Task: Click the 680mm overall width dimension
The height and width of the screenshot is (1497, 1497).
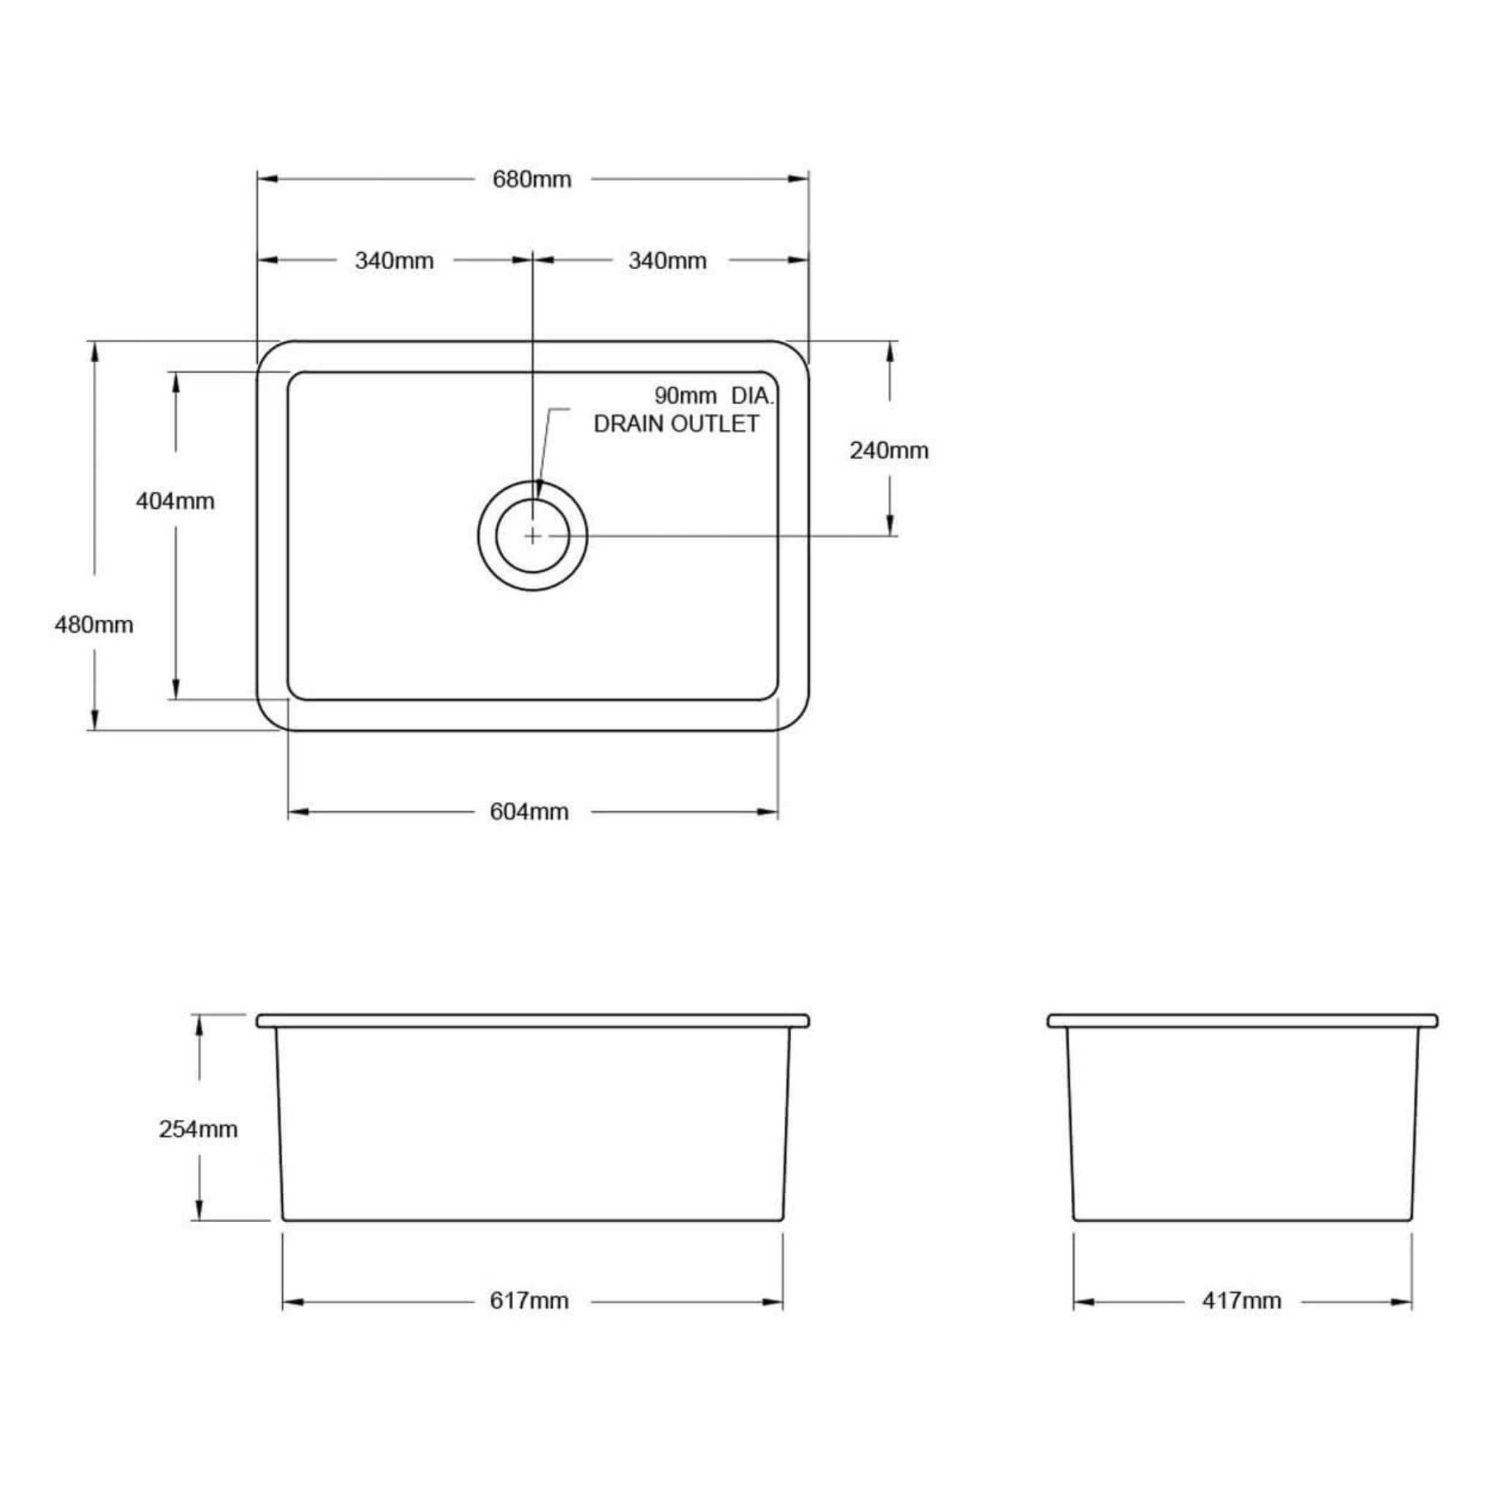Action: (x=531, y=180)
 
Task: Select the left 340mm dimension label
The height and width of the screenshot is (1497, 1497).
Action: (x=394, y=261)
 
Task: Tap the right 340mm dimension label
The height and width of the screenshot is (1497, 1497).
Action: (x=667, y=261)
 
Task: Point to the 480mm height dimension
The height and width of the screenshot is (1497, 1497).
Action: (x=94, y=624)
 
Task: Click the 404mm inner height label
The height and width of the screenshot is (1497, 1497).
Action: (x=175, y=501)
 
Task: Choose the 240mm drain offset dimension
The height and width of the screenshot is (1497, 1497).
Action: (x=889, y=450)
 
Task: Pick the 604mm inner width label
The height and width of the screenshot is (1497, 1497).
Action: (x=529, y=812)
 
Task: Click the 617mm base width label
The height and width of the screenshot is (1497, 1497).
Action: (x=529, y=1300)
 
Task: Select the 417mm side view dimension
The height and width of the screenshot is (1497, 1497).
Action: (x=1241, y=1300)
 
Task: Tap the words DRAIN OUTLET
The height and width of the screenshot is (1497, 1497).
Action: (x=675, y=424)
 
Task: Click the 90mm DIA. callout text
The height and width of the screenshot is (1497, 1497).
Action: (x=713, y=396)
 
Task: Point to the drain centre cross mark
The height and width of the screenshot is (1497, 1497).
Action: (x=533, y=535)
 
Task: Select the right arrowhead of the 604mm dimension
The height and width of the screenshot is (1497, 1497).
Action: (x=768, y=812)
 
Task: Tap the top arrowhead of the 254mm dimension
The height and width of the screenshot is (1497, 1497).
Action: (x=199, y=1025)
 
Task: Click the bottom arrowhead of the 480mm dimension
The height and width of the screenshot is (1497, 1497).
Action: (x=94, y=720)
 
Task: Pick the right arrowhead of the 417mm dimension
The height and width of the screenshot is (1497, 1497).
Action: (x=1402, y=1302)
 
